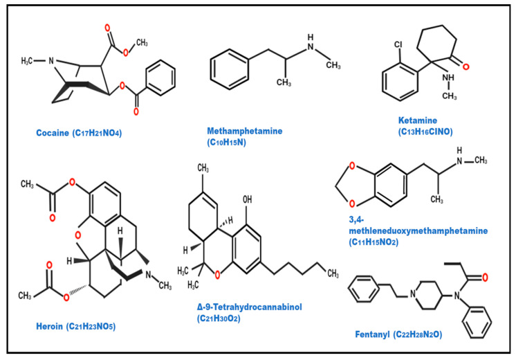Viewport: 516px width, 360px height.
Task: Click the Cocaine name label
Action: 53,133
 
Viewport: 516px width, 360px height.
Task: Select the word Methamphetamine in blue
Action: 244,131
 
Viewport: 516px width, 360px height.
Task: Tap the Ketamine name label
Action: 418,120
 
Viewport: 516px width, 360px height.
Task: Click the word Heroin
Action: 49,326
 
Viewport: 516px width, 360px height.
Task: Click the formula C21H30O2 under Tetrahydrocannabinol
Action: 219,318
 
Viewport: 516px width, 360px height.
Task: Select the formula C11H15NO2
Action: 374,242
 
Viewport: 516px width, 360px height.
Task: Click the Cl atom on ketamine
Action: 398,44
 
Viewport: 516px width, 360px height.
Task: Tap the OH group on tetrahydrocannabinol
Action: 247,199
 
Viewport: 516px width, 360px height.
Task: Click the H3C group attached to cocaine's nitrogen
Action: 27,61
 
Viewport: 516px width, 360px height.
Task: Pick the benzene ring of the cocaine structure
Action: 160,78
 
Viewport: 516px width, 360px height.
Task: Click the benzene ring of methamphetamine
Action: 229,69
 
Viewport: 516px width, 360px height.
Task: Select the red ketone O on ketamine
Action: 466,67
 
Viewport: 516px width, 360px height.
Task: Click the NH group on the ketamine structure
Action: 448,78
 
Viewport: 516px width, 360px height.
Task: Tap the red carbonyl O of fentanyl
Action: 485,278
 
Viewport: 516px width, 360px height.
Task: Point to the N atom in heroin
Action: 148,275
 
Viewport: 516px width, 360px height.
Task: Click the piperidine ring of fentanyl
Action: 428,295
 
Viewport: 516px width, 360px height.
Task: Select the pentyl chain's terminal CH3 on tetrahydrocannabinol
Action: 333,273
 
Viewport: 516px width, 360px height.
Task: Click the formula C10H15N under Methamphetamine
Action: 226,143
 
